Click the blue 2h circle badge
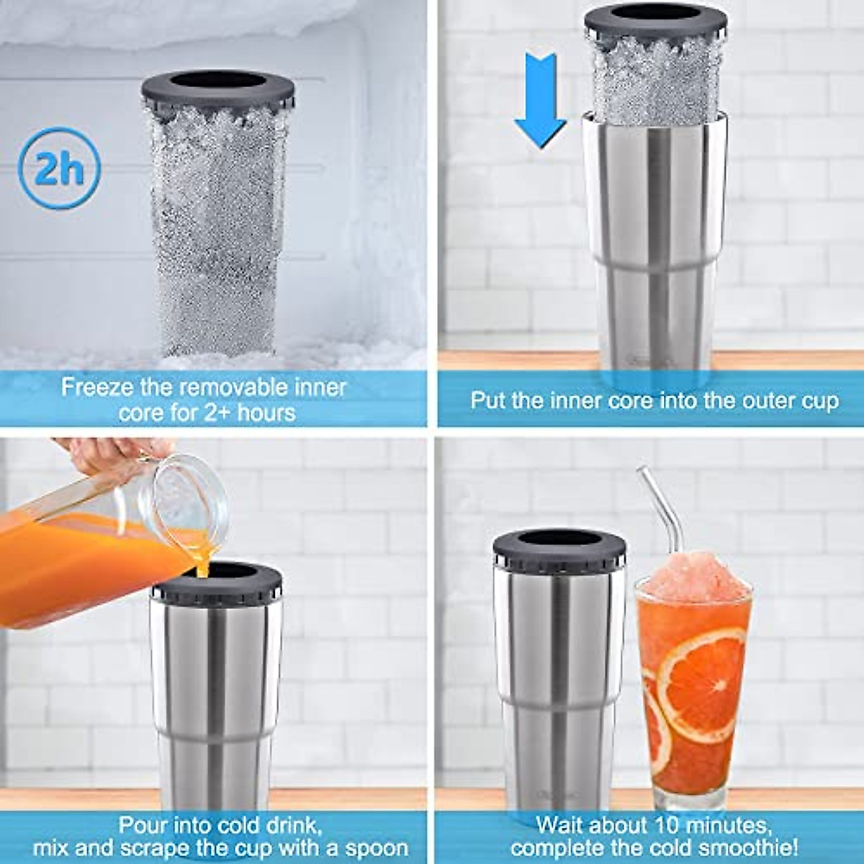[59, 168]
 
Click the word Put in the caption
[487, 400]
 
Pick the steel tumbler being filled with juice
[216, 706]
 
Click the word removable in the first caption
[227, 387]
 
